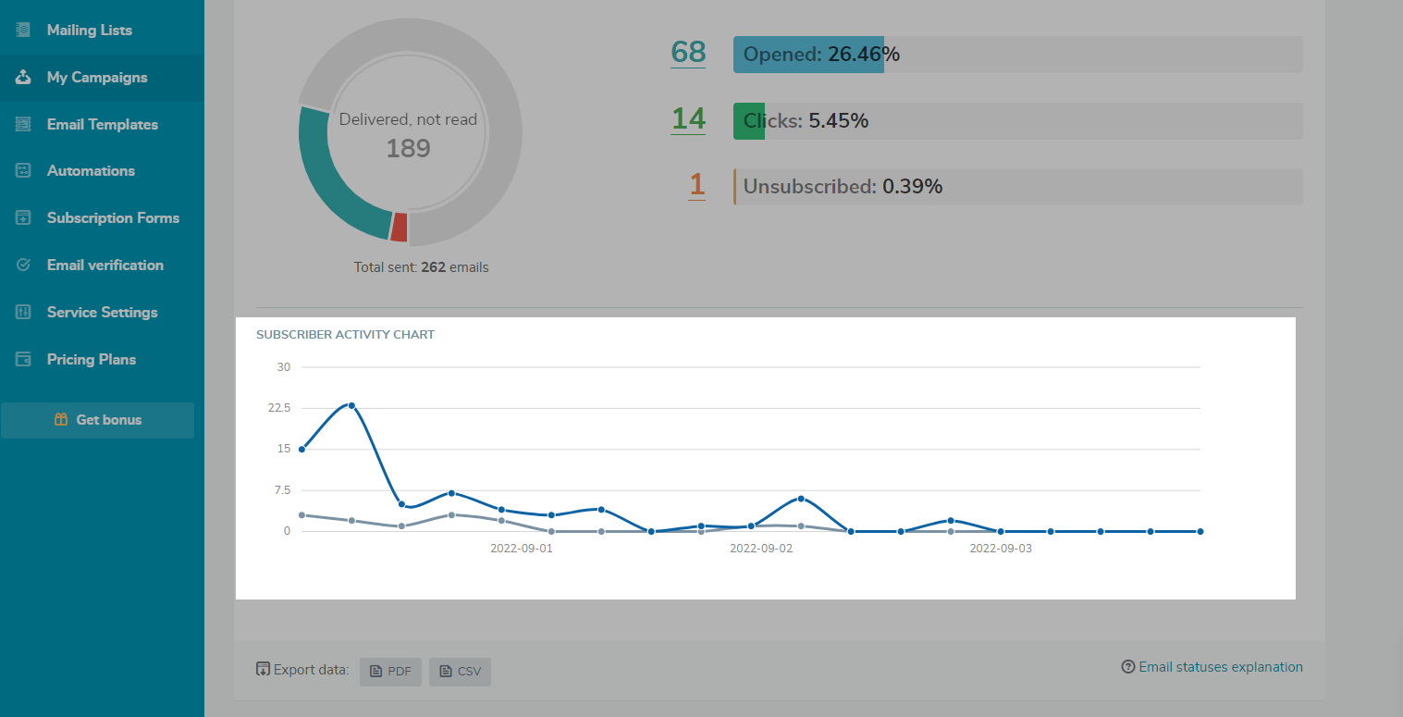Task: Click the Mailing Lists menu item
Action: [89, 31]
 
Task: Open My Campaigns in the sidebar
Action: [96, 78]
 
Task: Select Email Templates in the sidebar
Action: [102, 125]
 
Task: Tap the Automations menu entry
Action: [91, 171]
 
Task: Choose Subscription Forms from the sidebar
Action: [113, 218]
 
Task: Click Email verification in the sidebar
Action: [105, 266]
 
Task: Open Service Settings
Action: [102, 313]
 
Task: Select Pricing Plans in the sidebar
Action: [91, 360]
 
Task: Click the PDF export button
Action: [390, 671]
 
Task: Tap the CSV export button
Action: [460, 671]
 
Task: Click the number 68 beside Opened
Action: [688, 53]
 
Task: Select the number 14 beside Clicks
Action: [688, 119]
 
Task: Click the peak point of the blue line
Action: [351, 405]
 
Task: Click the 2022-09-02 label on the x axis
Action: [761, 549]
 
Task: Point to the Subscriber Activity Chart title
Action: [345, 335]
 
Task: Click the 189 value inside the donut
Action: [408, 149]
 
